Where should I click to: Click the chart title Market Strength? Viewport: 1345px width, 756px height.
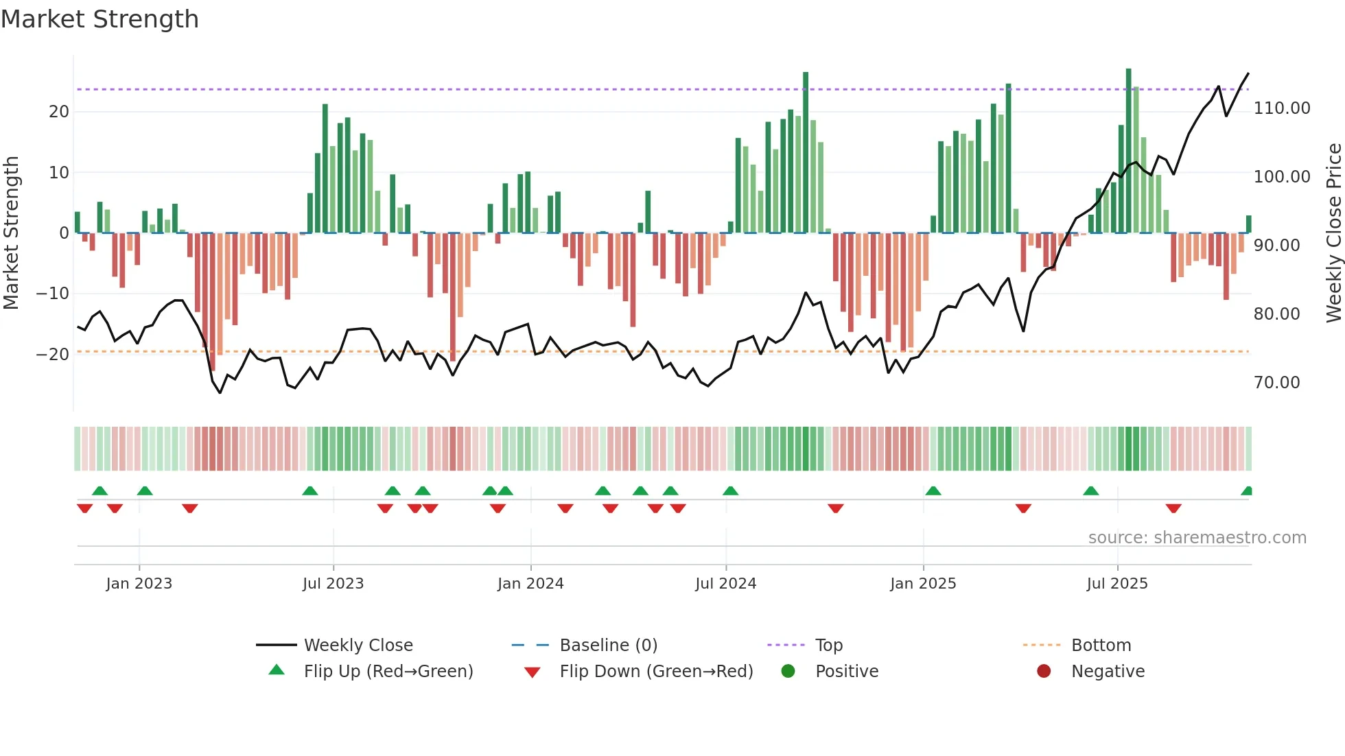click(x=100, y=19)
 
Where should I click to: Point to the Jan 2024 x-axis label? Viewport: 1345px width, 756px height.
click(x=530, y=584)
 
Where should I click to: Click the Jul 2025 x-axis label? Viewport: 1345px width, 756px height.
click(x=1117, y=584)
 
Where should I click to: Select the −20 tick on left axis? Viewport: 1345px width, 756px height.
click(x=53, y=355)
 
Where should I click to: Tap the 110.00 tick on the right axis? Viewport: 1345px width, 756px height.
click(x=1281, y=108)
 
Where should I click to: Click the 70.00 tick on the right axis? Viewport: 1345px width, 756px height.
click(x=1276, y=383)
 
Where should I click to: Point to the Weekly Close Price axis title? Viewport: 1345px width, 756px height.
click(x=1333, y=233)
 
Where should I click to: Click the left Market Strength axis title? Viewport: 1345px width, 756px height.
click(x=11, y=233)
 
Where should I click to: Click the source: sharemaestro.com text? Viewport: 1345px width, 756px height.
click(x=1197, y=538)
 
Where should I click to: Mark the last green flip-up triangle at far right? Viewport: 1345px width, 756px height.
click(x=1247, y=491)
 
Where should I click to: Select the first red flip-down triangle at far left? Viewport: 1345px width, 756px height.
click(x=84, y=508)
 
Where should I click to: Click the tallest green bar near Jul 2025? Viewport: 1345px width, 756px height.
click(x=1128, y=151)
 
